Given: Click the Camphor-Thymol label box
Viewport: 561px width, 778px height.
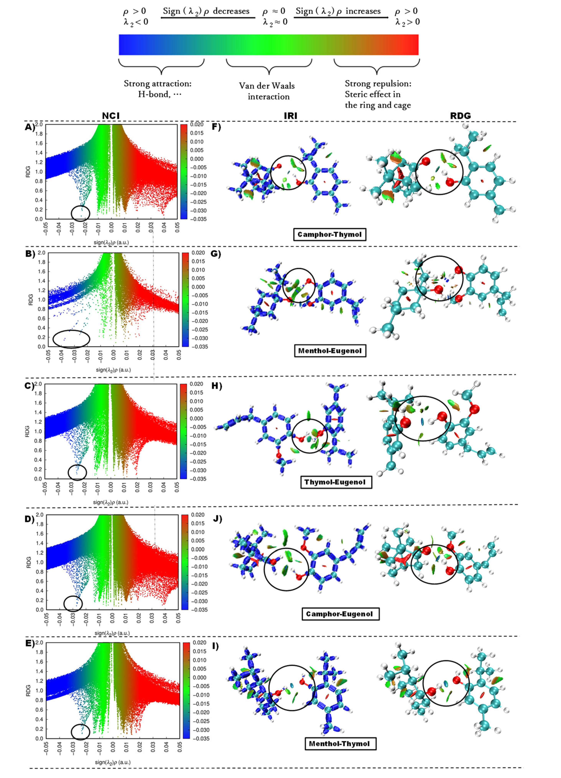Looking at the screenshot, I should click(x=330, y=235).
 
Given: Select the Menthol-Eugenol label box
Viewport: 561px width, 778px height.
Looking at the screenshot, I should click(x=330, y=351).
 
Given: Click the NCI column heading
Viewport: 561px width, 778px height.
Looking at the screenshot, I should click(x=111, y=116).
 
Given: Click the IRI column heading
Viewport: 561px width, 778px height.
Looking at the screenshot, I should click(x=290, y=116).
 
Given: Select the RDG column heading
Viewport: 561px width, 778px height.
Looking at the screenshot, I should click(x=460, y=116).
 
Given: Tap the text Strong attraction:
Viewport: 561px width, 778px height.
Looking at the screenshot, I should click(x=158, y=84).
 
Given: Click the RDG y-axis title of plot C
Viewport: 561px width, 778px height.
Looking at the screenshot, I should click(x=27, y=431).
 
